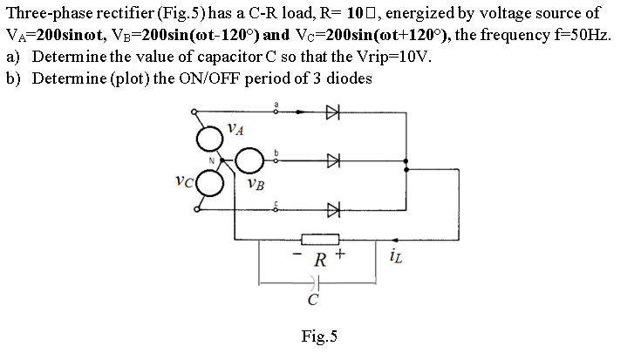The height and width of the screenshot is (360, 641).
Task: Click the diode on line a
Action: point(331,112)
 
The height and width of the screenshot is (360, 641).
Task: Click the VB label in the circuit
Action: point(256,184)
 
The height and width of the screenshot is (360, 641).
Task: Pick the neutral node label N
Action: point(209,159)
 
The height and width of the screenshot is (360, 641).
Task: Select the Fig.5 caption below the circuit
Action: point(318,335)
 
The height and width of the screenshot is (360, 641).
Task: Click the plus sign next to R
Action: point(341,255)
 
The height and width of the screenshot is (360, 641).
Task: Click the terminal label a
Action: point(277,105)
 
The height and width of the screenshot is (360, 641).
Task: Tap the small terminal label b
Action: point(277,153)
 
